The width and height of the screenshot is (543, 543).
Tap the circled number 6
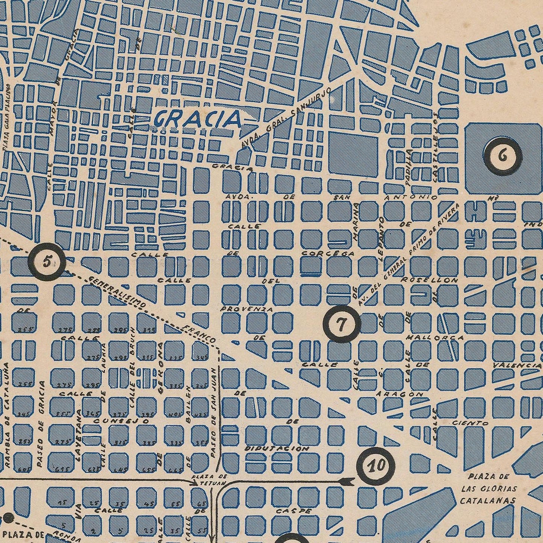[503, 156]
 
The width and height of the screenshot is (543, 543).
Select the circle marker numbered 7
[342, 324]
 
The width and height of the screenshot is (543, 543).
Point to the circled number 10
[376, 466]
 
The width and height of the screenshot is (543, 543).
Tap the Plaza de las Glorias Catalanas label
[488, 489]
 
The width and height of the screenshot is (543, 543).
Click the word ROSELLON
[430, 280]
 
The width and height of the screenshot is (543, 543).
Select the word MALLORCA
[435, 338]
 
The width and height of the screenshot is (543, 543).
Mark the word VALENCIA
[517, 365]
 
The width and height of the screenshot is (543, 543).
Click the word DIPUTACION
[277, 449]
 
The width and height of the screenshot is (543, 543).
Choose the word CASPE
[293, 511]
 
